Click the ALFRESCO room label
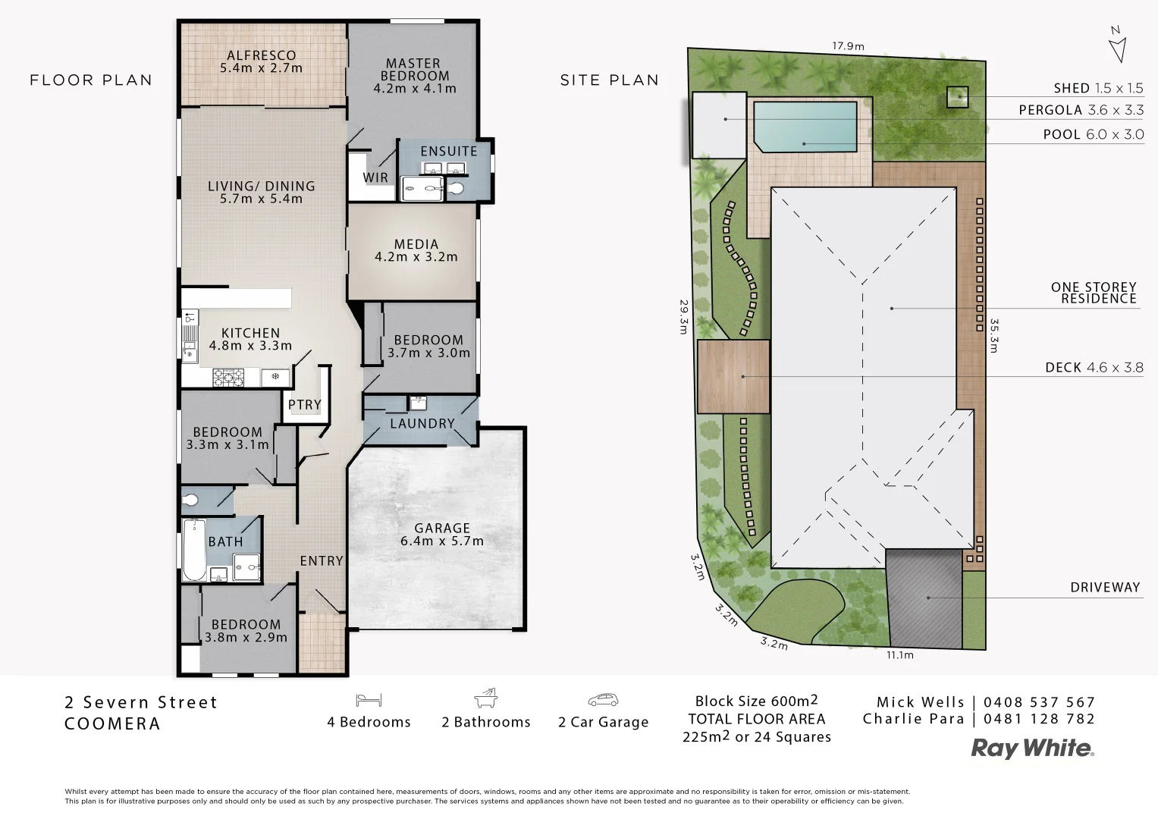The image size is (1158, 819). (x=261, y=55)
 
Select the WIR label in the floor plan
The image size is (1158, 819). (x=375, y=178)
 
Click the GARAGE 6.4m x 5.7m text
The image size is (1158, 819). (x=441, y=535)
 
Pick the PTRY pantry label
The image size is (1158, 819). (x=305, y=405)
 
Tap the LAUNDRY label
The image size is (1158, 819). (x=422, y=424)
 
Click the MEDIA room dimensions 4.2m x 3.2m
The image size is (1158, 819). (x=416, y=257)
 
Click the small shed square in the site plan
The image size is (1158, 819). (x=957, y=96)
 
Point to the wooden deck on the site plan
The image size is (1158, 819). (x=733, y=377)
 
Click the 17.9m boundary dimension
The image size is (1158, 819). (x=848, y=45)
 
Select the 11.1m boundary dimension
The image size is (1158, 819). (x=899, y=655)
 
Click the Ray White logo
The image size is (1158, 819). (x=1032, y=749)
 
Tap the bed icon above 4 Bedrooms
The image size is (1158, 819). (x=369, y=699)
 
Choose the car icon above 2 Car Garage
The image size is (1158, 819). (x=603, y=699)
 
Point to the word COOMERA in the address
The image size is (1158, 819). (x=112, y=724)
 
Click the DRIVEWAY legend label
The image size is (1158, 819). (x=1105, y=588)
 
